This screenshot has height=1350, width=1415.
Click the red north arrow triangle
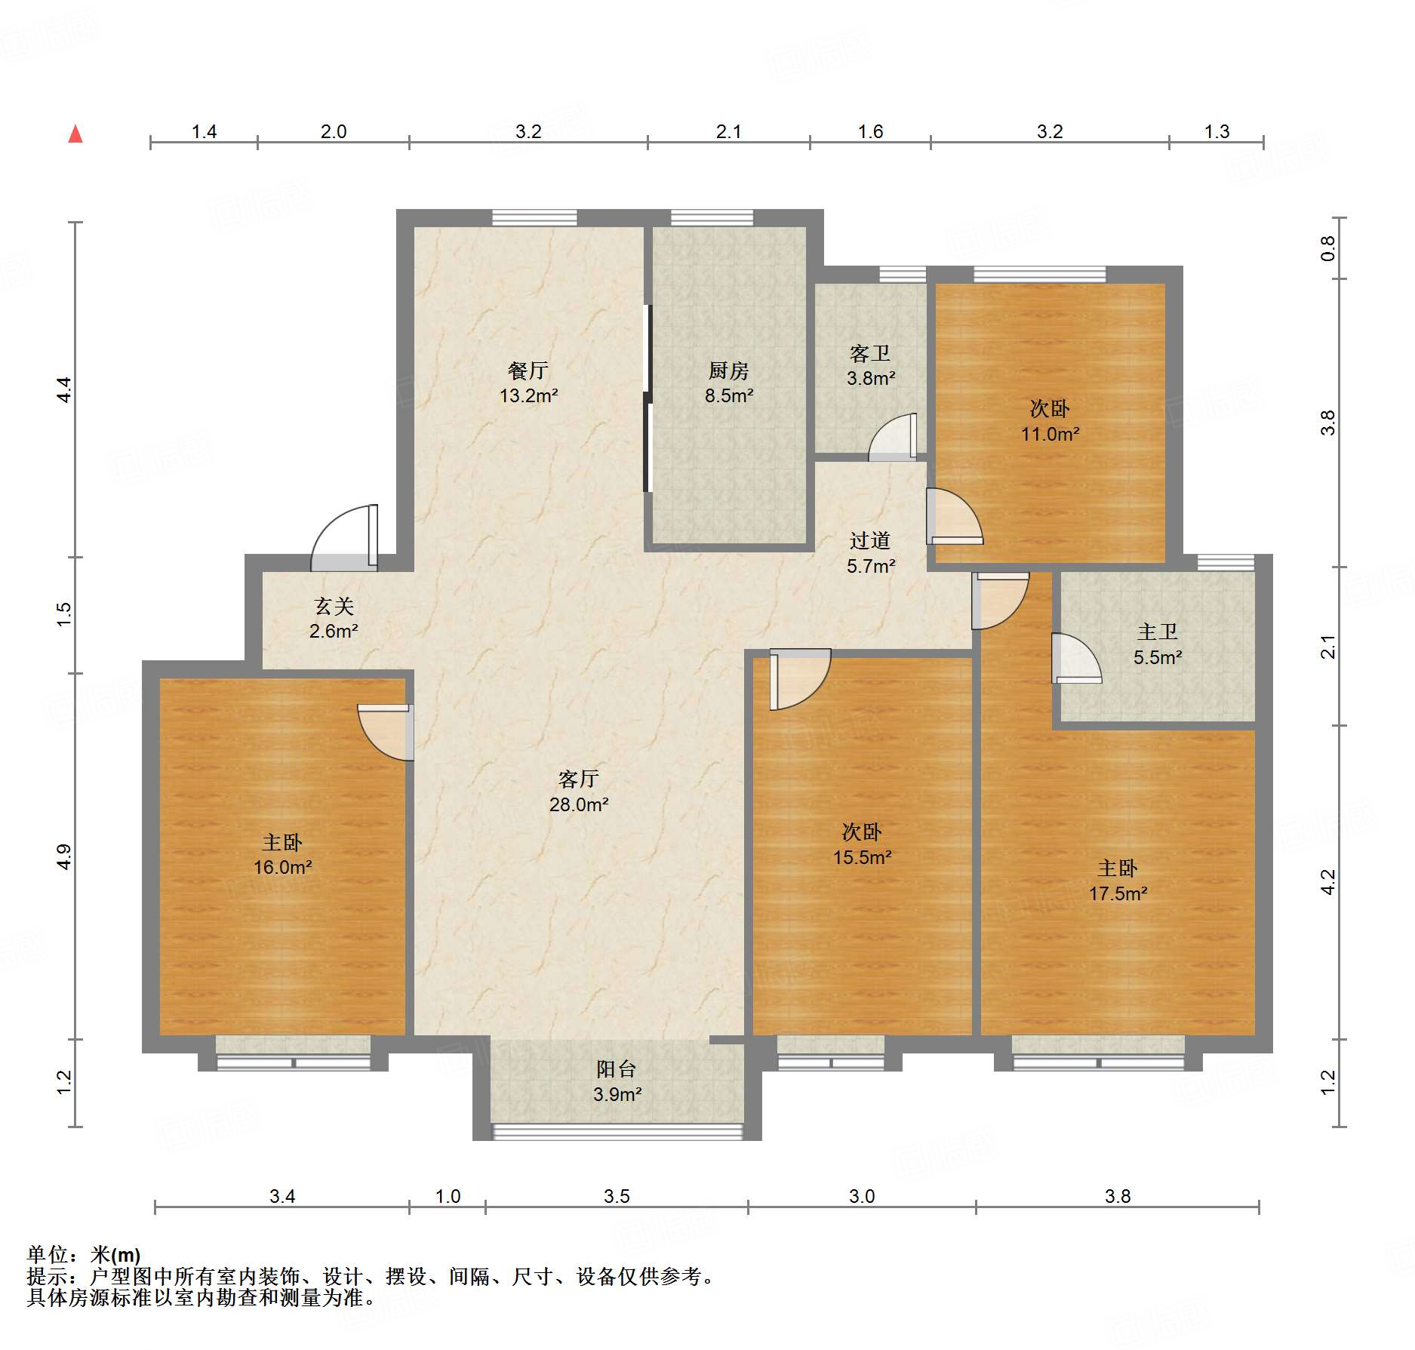point(75,134)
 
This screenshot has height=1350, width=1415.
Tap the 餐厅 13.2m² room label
point(528,383)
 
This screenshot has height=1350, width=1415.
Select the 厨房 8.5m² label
point(728,383)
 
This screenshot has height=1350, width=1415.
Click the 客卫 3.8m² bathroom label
point(870,365)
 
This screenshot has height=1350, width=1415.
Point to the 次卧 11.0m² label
point(1050,421)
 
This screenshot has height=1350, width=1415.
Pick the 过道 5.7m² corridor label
point(870,553)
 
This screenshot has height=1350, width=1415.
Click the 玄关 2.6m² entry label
point(334,618)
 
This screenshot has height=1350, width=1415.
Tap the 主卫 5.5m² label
point(1157,644)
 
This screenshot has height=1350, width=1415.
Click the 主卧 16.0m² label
point(282,854)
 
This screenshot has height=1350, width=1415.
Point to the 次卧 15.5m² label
point(862,844)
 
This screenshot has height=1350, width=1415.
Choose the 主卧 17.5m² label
point(1118,881)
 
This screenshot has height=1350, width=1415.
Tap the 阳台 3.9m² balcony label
point(617,1081)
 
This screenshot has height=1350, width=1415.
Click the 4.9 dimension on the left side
point(64,856)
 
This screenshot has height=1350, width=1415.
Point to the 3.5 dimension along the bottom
point(617,1196)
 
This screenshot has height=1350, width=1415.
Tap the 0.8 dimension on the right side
point(1327,248)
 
